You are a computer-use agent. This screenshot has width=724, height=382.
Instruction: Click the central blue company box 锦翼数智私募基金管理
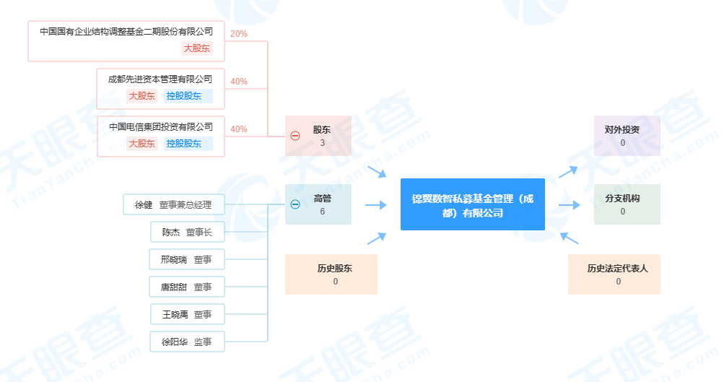[x=472, y=204]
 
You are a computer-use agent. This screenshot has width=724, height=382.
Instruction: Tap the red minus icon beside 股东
[x=295, y=136]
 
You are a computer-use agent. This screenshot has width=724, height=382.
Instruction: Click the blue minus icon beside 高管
[x=295, y=204]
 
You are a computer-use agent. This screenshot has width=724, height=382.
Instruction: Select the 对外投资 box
[x=627, y=136]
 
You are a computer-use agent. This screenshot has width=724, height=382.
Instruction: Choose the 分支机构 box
[x=627, y=204]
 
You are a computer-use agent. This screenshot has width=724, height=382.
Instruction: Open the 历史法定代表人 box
[x=614, y=274]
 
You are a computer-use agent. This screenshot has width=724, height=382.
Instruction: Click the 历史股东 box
[x=331, y=274]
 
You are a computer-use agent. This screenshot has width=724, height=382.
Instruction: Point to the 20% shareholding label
[x=239, y=34]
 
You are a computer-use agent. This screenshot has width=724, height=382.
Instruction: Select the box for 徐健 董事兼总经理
[x=174, y=204]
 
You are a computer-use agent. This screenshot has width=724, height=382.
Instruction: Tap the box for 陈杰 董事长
[x=188, y=232]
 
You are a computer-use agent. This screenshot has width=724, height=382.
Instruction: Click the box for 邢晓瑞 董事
[x=187, y=259]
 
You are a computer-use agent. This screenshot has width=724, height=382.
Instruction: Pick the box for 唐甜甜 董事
[x=187, y=287]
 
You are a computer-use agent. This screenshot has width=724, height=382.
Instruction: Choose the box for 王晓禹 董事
[x=188, y=314]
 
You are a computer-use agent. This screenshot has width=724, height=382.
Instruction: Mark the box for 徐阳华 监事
[x=187, y=342]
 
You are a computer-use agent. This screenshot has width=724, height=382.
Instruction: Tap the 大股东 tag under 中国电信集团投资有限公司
[x=141, y=144]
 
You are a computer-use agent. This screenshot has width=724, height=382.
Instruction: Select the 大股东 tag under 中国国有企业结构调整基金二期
[x=197, y=48]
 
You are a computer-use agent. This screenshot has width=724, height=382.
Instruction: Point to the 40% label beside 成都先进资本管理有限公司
[x=239, y=82]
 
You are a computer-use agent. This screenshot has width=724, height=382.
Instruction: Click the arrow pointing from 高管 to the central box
[x=376, y=204]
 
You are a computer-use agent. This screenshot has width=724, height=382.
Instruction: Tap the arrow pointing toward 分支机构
[x=570, y=204]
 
